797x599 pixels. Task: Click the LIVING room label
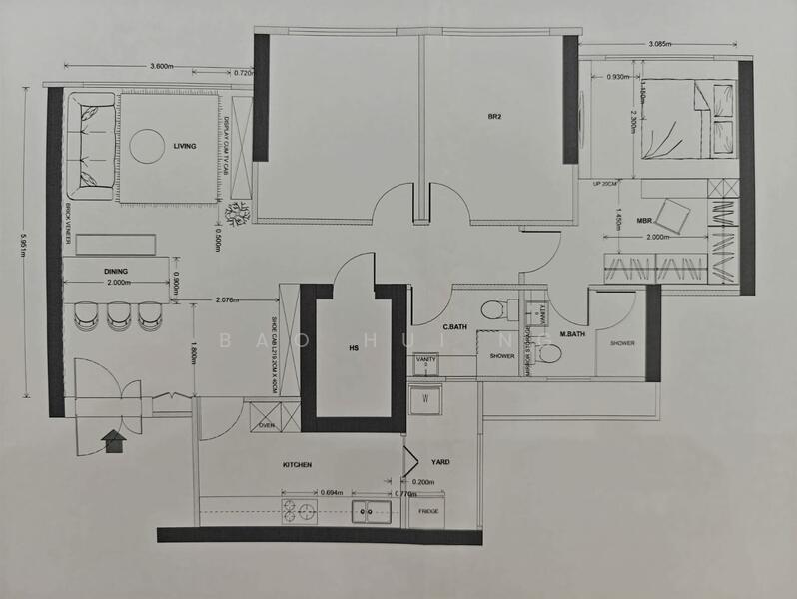[x=184, y=146]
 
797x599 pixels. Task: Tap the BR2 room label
[x=493, y=117]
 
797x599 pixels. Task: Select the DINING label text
[x=116, y=271]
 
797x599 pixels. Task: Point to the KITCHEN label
[x=297, y=465]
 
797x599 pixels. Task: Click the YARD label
[x=439, y=463]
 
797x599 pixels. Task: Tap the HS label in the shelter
[x=352, y=348]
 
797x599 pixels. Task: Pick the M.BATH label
[x=572, y=334]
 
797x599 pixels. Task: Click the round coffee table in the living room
[x=148, y=146]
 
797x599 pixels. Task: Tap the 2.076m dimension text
[x=231, y=300]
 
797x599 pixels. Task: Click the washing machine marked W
[x=427, y=398]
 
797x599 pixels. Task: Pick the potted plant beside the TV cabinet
[x=239, y=213]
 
